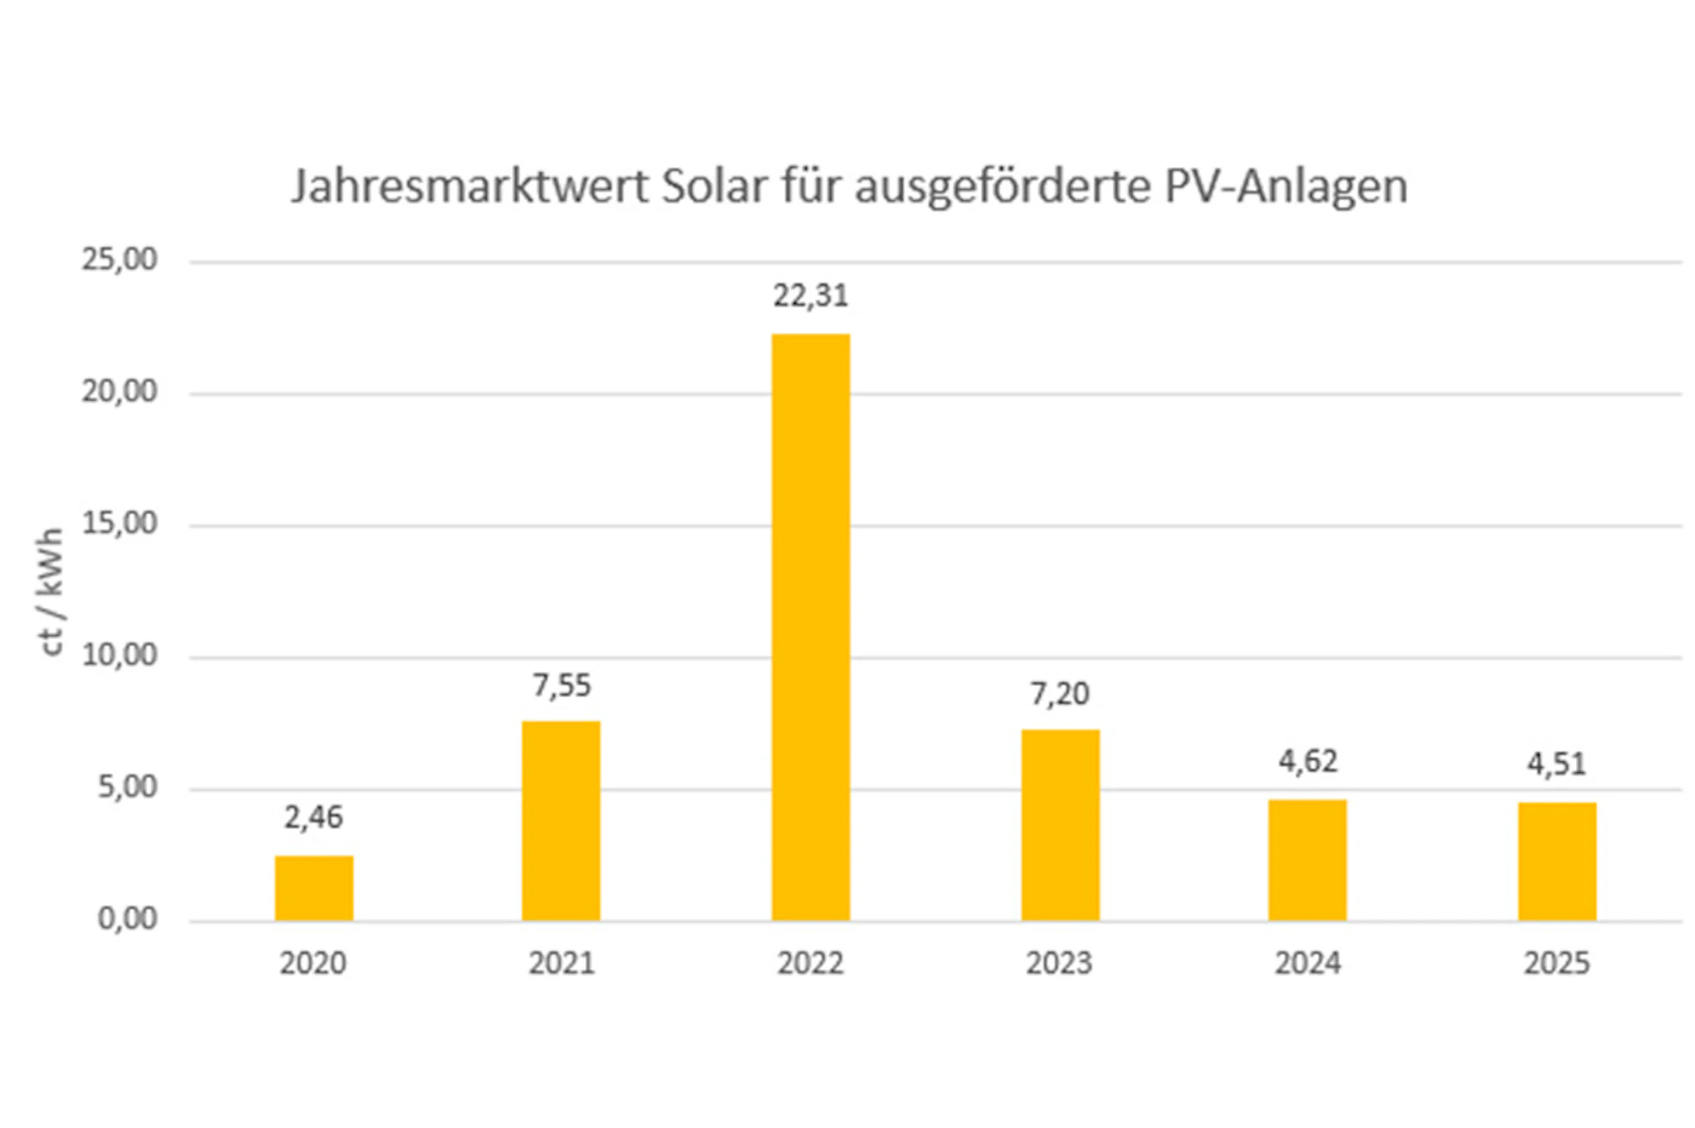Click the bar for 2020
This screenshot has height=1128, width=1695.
[x=313, y=888]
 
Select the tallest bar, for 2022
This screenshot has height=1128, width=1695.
[x=810, y=627]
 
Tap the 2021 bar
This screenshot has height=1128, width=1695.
[x=561, y=821]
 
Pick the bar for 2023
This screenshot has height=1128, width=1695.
[x=1060, y=825]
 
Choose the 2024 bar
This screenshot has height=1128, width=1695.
[x=1307, y=860]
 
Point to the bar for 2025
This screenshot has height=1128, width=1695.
[x=1556, y=861]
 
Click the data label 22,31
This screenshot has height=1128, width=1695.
[x=810, y=296]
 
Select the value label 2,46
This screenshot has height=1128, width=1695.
[x=313, y=817]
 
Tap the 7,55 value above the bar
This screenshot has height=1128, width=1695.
[x=561, y=685]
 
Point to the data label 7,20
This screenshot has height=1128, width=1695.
[x=1060, y=694]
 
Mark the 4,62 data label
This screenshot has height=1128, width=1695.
[x=1308, y=761]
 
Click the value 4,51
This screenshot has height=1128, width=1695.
[x=1556, y=763]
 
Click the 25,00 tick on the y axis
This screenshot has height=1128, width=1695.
[x=119, y=259]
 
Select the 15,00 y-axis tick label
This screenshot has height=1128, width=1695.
[x=119, y=523]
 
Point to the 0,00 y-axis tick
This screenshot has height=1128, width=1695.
[x=127, y=919]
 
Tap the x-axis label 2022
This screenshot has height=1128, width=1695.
[x=810, y=963]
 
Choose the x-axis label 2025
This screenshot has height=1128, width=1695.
[x=1556, y=963]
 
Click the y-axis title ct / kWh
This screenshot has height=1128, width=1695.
[x=51, y=591]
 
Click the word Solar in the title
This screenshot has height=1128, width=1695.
[x=714, y=186]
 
